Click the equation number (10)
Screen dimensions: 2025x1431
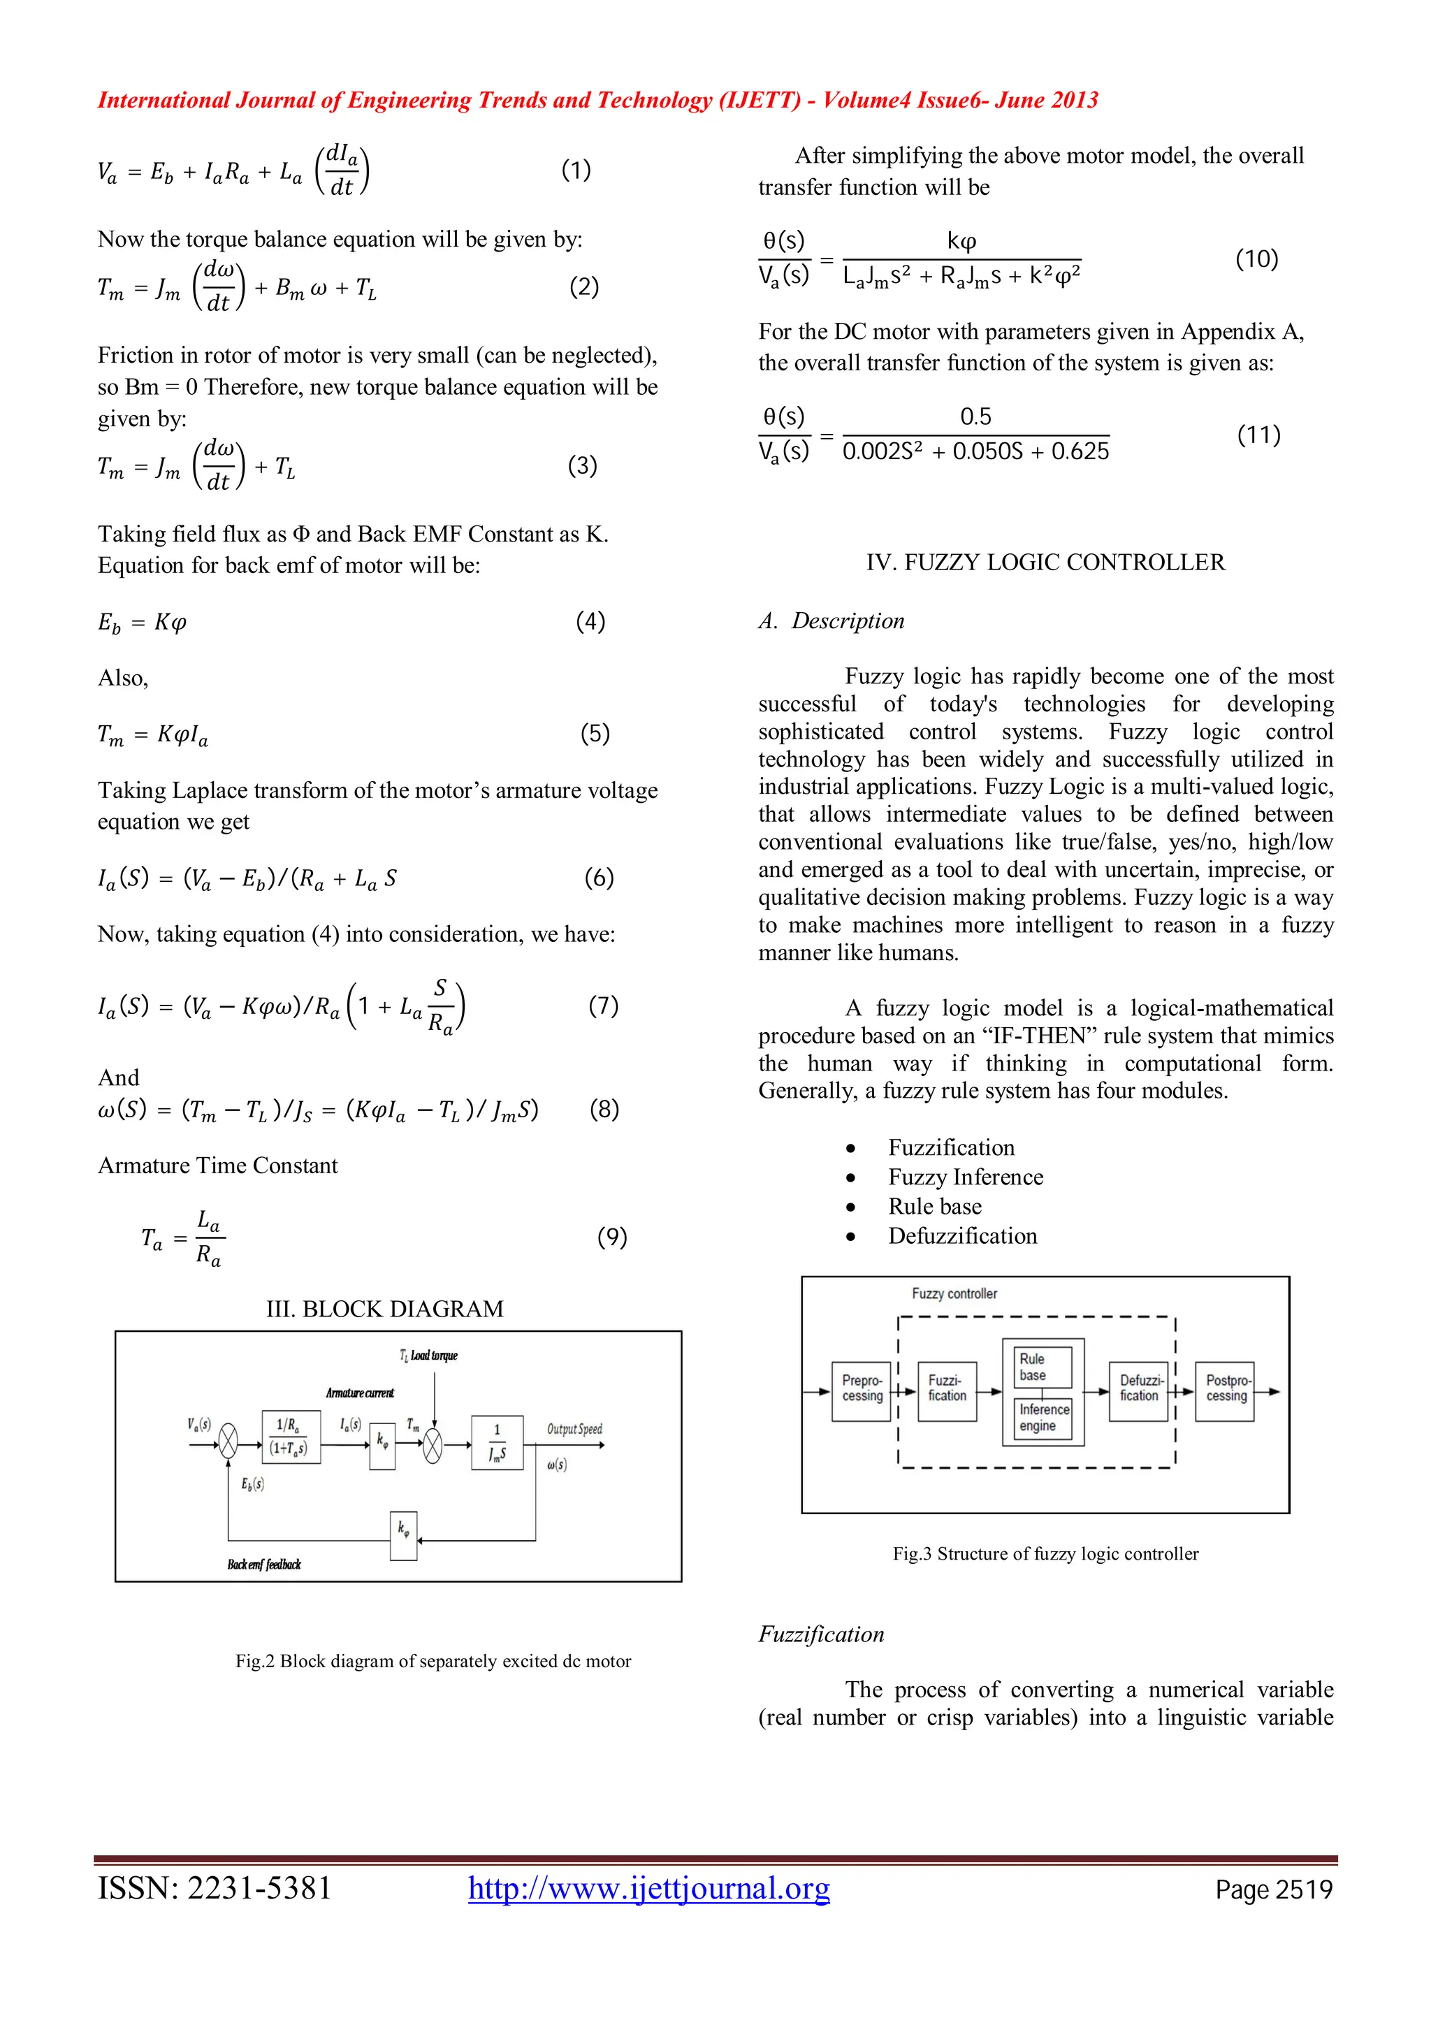point(1256,259)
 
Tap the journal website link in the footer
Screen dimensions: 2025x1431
point(649,1888)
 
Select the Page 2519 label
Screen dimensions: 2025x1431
point(1273,1890)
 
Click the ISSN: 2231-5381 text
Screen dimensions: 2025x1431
point(215,1888)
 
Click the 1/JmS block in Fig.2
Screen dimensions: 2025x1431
point(497,1442)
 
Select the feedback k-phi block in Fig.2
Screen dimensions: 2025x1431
point(403,1535)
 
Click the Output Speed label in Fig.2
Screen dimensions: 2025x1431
point(574,1429)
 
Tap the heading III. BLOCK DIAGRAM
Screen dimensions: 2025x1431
point(384,1309)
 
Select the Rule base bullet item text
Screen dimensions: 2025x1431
point(935,1207)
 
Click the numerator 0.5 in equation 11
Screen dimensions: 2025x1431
point(975,416)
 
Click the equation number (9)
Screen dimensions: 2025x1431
point(612,1237)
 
